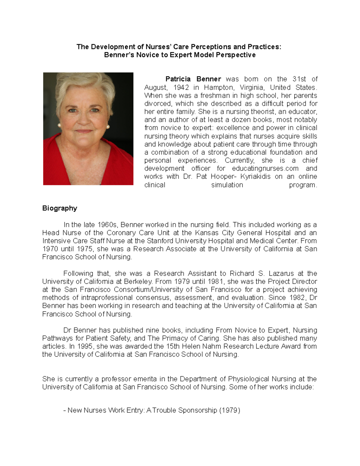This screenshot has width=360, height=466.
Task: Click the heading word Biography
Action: pos(60,208)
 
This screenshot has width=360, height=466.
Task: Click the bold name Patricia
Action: pos(178,79)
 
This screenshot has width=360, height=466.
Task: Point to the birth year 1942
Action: pos(181,87)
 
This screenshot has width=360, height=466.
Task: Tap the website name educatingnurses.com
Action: pos(265,168)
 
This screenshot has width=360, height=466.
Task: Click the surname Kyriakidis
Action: pos(255,176)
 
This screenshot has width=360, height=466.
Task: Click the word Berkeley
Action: pos(139,281)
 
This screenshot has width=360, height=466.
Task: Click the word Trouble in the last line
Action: pos(164,410)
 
